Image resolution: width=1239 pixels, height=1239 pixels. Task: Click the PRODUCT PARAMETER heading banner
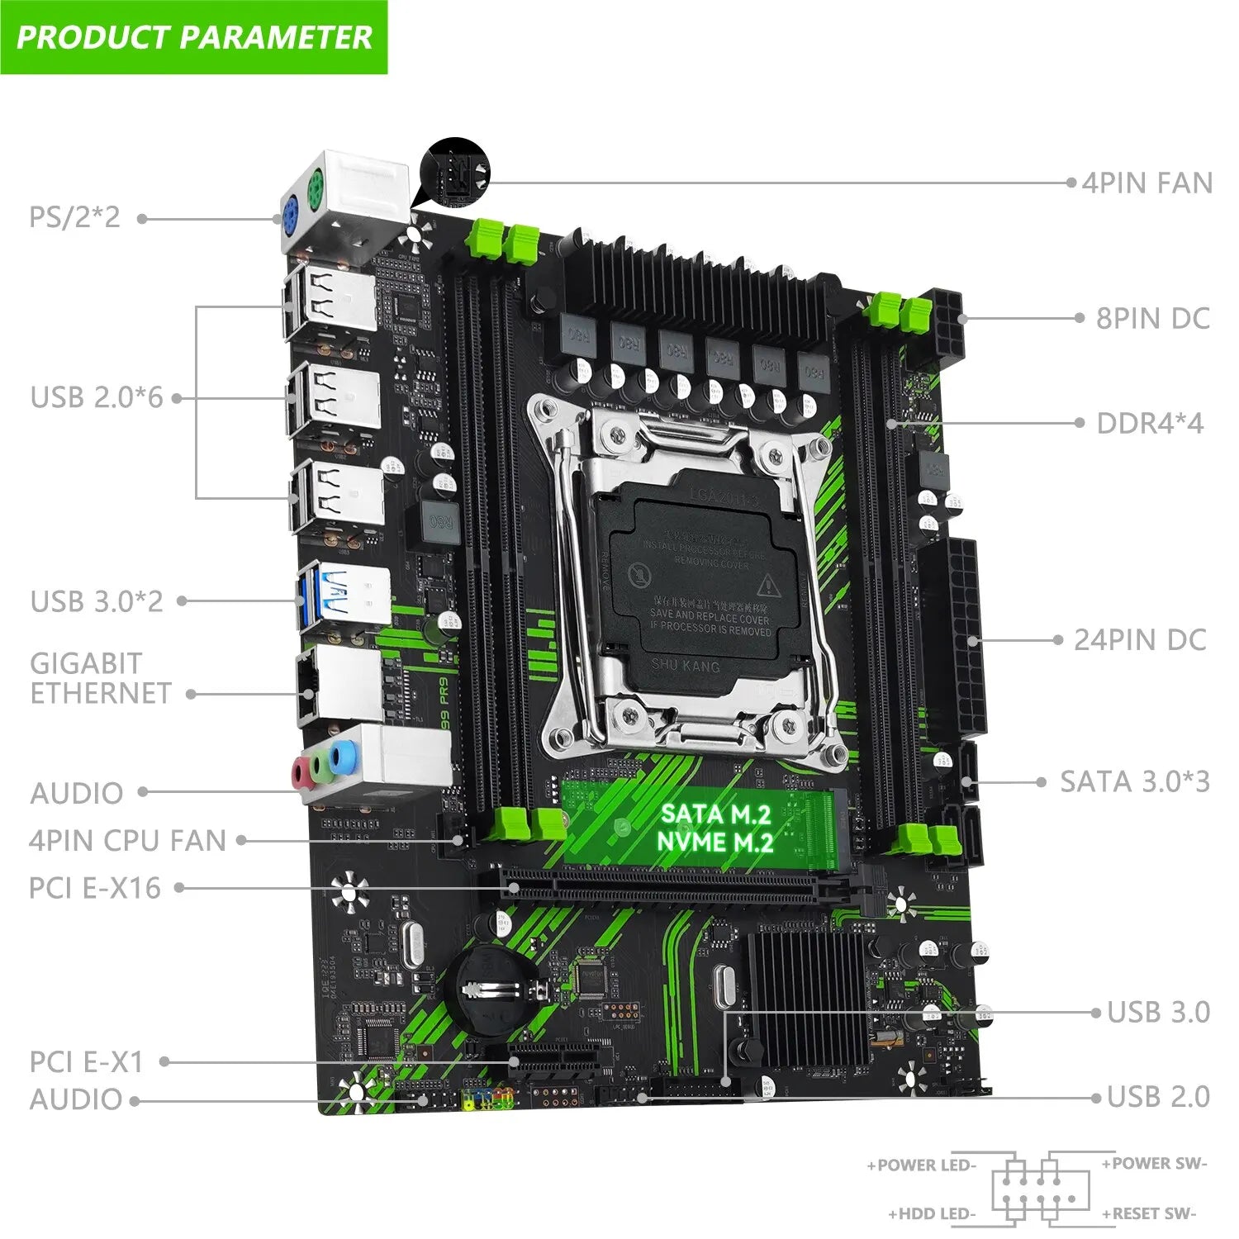coord(194,37)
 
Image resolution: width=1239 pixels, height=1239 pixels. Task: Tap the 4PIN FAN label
coord(1146,183)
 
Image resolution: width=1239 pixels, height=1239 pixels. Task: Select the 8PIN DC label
coord(1152,318)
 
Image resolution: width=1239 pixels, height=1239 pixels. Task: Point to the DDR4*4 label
coord(1150,424)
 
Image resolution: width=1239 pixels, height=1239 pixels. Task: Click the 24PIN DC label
coord(1140,639)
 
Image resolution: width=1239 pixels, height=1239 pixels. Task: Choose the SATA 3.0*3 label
coord(1134,781)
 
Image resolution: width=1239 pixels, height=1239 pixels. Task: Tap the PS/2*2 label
coord(74,217)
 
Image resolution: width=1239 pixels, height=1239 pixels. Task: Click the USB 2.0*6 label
coord(97,397)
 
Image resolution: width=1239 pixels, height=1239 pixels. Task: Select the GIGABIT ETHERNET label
coord(100,678)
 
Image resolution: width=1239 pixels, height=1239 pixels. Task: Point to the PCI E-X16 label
coord(94,888)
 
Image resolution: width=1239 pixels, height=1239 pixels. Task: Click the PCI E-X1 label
coord(86,1061)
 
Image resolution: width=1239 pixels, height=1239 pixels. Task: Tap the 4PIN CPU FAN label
coord(127,841)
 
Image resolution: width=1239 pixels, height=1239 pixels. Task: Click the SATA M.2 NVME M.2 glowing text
coord(715,828)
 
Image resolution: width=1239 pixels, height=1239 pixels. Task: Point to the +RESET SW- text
coord(1148,1213)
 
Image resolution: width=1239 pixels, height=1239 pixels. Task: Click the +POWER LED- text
coord(921,1165)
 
